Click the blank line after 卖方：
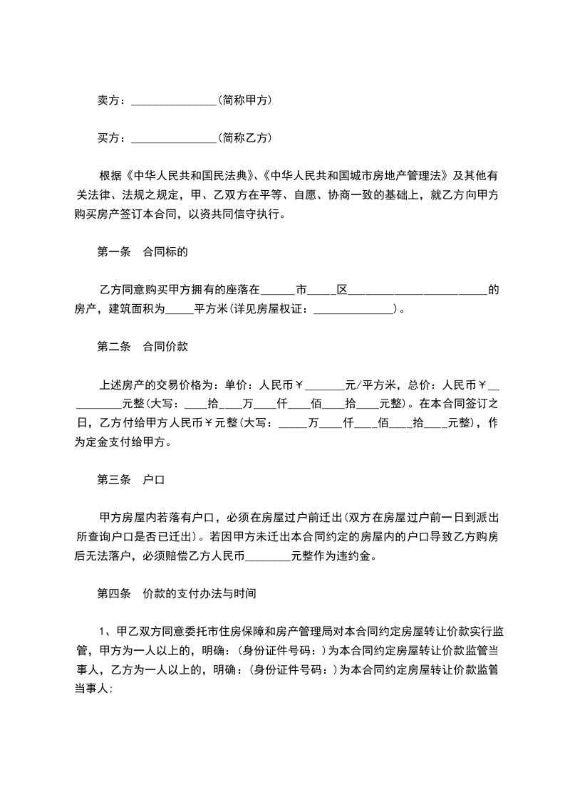click(174, 101)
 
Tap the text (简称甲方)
click(245, 100)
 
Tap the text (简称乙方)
click(245, 137)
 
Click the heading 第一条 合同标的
click(142, 251)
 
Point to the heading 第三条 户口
click(130, 480)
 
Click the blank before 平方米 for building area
click(180, 310)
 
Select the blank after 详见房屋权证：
click(353, 310)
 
